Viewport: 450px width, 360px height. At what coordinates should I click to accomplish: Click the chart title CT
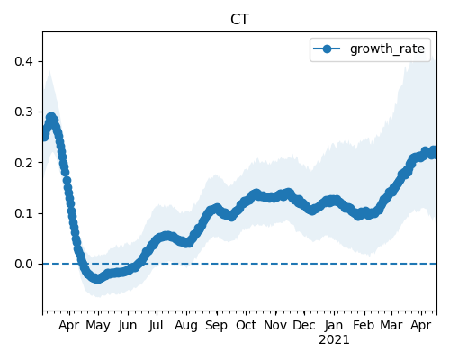point(239,20)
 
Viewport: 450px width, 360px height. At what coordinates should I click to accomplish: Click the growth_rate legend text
point(387,49)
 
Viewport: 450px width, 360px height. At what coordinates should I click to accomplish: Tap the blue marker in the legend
point(327,49)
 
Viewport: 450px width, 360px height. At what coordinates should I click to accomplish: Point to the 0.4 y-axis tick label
point(24,61)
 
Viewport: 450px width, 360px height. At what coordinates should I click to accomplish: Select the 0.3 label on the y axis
point(24,112)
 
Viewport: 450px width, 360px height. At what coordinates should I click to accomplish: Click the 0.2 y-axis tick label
point(24,163)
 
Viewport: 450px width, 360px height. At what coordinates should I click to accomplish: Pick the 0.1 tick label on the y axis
point(24,213)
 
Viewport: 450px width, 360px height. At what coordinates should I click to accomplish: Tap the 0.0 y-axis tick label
point(24,264)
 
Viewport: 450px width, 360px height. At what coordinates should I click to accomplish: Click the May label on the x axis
point(98,326)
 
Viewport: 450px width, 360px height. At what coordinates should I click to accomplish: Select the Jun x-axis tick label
point(128,326)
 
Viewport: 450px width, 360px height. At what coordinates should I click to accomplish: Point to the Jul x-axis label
point(157,326)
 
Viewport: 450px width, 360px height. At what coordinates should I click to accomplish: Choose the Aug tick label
point(186,326)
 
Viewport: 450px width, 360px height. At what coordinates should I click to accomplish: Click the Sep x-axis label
point(216,326)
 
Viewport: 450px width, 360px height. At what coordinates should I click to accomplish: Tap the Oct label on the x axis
point(246,325)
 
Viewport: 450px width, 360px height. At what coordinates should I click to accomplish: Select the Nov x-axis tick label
point(275,325)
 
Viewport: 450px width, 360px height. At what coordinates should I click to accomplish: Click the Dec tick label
point(304,325)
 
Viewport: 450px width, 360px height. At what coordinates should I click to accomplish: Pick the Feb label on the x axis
point(364,325)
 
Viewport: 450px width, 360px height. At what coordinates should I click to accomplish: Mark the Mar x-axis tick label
point(391,325)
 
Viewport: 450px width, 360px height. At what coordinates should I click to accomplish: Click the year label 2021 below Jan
point(334,340)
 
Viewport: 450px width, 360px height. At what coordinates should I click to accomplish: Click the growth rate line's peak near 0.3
point(51,118)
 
